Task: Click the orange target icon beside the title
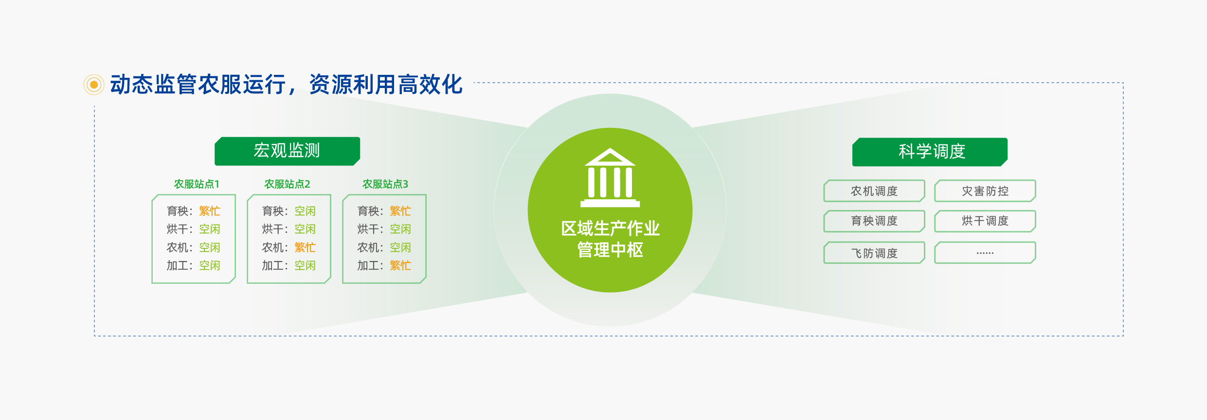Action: (x=94, y=85)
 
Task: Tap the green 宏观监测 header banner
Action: (x=287, y=151)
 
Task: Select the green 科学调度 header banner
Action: (x=930, y=152)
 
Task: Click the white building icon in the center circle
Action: (x=610, y=178)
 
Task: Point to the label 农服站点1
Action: (x=197, y=184)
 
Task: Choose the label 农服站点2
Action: (x=287, y=184)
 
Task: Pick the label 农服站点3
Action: (x=385, y=184)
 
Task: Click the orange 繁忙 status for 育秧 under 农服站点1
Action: (x=210, y=211)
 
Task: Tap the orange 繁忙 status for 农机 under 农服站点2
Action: (x=305, y=247)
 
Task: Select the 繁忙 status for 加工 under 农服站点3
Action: (x=400, y=265)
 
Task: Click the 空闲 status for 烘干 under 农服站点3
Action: (x=400, y=229)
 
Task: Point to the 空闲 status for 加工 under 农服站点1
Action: (x=210, y=265)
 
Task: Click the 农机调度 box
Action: (x=874, y=191)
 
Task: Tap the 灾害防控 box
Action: (x=985, y=191)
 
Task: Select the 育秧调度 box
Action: (x=874, y=221)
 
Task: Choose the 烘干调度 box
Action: (x=985, y=221)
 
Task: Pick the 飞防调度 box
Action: (x=874, y=253)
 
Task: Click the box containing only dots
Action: (x=985, y=253)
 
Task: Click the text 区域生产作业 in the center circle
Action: (x=610, y=228)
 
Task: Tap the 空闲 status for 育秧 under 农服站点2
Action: (x=305, y=211)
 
